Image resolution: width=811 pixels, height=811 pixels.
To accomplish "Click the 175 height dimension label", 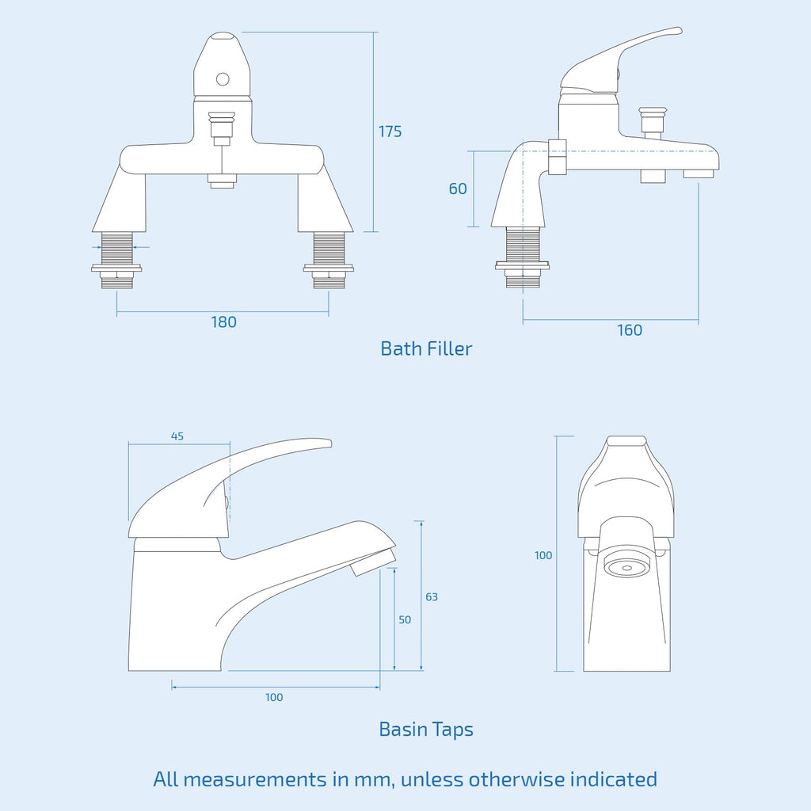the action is click(390, 131).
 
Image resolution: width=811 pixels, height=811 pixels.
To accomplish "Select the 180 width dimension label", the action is click(223, 322).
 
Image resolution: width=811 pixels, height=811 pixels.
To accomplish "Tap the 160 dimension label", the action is click(630, 330).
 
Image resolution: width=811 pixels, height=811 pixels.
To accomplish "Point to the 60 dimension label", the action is click(458, 188).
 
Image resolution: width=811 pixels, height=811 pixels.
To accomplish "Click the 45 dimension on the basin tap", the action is click(177, 436).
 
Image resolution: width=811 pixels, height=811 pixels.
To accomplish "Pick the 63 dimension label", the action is click(432, 597).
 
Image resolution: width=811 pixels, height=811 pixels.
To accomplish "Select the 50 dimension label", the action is click(405, 619).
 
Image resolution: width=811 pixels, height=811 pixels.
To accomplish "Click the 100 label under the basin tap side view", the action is click(274, 697).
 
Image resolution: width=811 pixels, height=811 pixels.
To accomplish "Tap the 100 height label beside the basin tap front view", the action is click(543, 555).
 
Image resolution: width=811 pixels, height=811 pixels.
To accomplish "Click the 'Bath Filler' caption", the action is click(426, 348).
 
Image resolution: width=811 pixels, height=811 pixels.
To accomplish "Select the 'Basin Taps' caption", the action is click(426, 729).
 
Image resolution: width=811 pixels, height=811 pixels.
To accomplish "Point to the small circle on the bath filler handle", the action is click(223, 79).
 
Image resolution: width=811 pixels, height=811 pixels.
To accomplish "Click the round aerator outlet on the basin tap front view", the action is click(626, 567).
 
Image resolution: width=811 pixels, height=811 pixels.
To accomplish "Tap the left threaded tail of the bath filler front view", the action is click(117, 261).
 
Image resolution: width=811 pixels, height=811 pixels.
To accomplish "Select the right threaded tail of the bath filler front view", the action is click(329, 261).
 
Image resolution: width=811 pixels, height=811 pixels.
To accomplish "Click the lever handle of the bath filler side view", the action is click(621, 59).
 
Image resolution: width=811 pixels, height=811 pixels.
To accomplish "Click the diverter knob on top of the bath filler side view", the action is click(653, 120).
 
